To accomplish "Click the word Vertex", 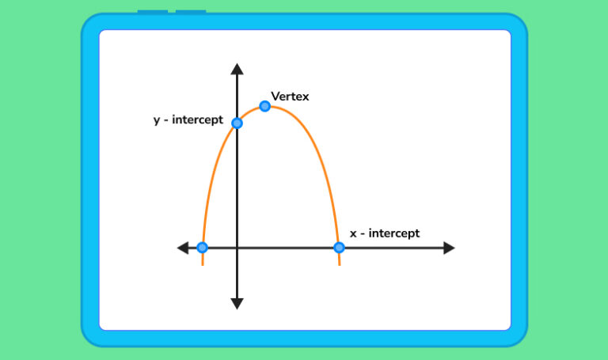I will [290, 97].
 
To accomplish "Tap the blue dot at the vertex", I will [264, 106].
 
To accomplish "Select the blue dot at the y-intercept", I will [237, 123].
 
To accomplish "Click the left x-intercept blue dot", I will [202, 248].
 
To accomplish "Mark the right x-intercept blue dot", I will [339, 248].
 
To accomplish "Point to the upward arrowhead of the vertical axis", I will [237, 68].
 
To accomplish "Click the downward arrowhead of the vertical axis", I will [237, 303].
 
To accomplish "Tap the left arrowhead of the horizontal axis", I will [183, 248].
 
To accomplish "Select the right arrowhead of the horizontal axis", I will [449, 248].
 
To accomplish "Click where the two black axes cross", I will [237, 248].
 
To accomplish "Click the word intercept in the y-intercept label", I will [198, 121].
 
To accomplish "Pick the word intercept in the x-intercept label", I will [394, 233].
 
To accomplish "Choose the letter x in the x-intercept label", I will [353, 234].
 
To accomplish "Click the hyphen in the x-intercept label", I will [363, 234].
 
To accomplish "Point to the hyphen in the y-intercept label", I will [167, 121].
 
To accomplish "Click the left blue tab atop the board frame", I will [153, 12].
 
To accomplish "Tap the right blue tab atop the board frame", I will [191, 12].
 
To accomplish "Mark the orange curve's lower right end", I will [340, 263].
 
